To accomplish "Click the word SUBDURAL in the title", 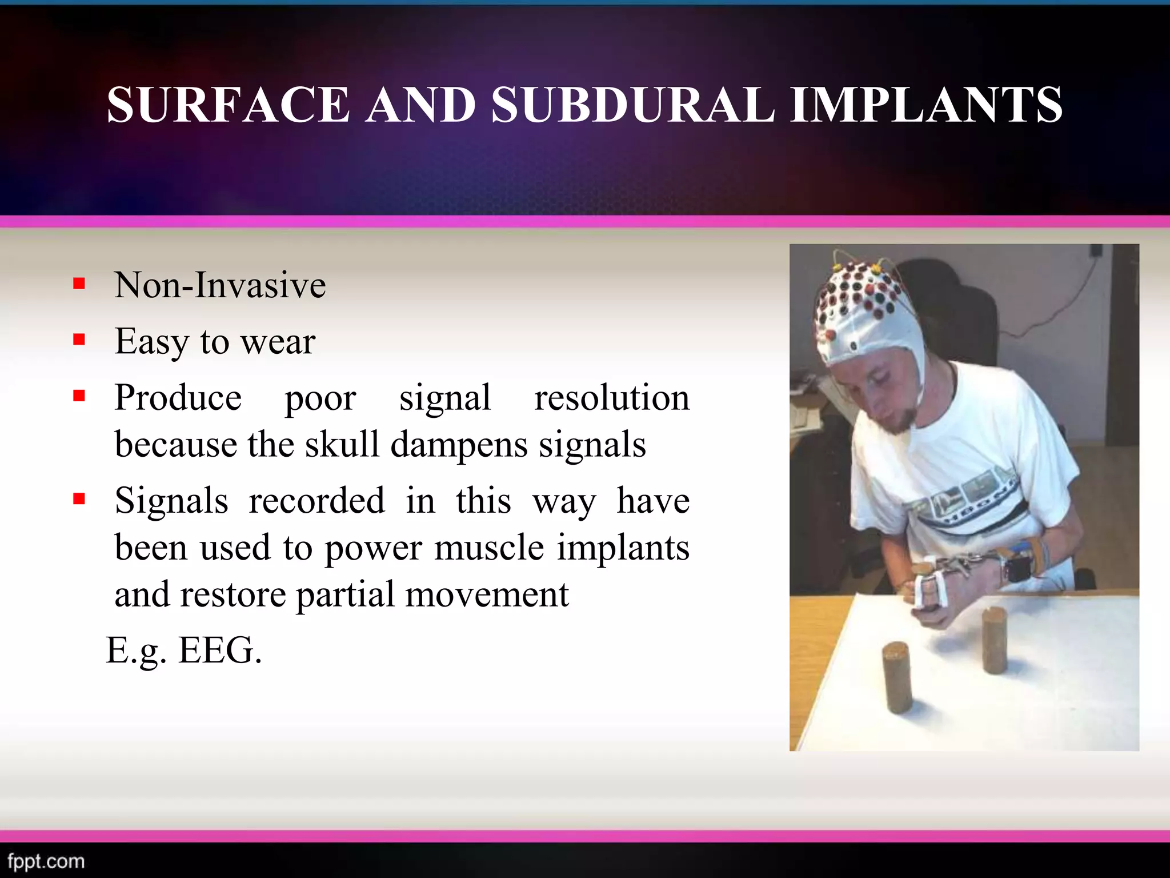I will point(633,105).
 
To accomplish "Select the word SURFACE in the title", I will point(228,105).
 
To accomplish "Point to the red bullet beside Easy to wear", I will point(79,341).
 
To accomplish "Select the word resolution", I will point(611,398).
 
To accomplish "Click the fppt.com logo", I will point(46,861).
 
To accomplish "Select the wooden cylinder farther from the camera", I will point(994,642).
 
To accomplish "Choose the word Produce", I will point(178,398).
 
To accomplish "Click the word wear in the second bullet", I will point(278,342).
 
